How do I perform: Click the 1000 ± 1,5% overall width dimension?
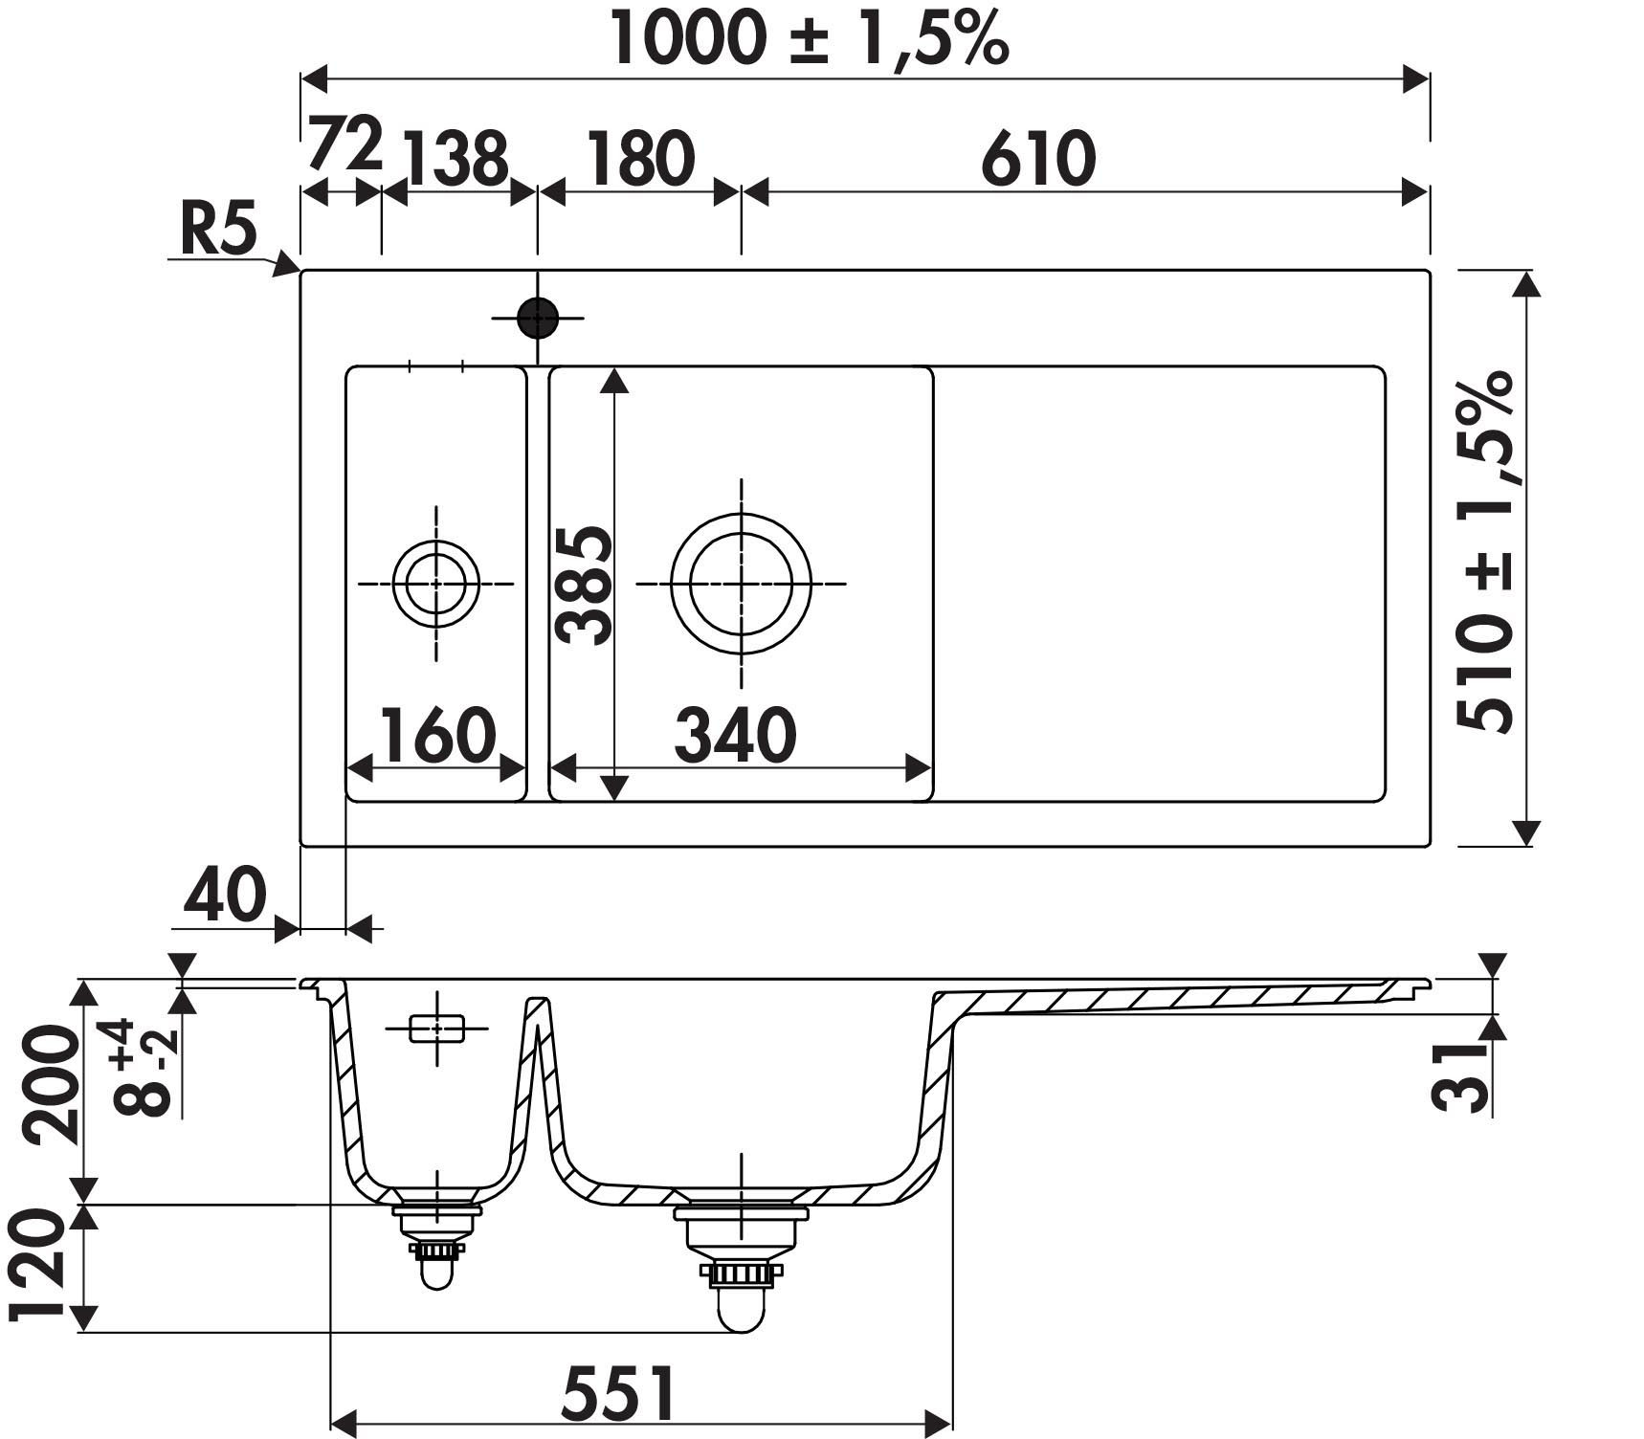point(810,39)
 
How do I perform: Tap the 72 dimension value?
point(344,144)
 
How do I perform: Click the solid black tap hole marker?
point(537,318)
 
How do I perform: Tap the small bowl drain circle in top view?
point(436,583)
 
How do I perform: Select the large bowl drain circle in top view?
point(742,584)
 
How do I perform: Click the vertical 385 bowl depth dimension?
point(584,585)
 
